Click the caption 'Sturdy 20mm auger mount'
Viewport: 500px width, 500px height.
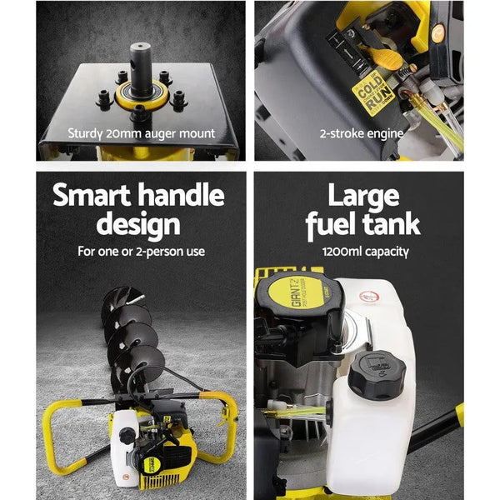(x=141, y=132)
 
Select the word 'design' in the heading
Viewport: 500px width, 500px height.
(x=138, y=225)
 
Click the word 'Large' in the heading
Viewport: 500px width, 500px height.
(x=362, y=197)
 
